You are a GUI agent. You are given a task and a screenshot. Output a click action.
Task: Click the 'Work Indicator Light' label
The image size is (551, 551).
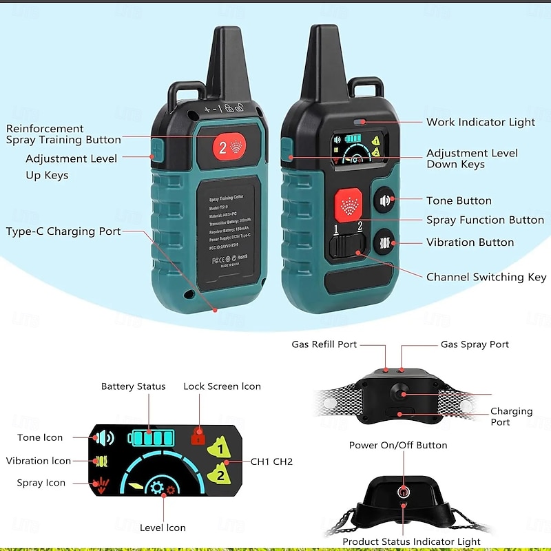(x=480, y=122)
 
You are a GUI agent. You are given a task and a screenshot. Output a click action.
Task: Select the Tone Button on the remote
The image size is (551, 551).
(x=385, y=201)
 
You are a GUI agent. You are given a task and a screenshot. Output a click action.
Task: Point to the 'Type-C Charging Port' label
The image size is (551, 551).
(x=63, y=231)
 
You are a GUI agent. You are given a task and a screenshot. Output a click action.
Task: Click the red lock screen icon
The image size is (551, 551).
(x=196, y=436)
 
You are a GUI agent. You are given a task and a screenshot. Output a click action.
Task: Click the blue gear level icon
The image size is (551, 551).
(x=158, y=488)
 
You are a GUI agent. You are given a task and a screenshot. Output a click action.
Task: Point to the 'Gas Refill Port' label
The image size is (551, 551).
(x=324, y=344)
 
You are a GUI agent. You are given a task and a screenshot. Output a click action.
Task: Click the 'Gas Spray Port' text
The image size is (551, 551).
(x=475, y=344)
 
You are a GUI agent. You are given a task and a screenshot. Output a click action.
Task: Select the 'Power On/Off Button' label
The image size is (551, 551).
(x=398, y=445)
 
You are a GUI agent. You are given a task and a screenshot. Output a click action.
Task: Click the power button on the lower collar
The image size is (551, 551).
(x=404, y=491)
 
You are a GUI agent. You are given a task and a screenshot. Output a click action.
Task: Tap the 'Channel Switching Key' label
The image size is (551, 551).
(x=486, y=277)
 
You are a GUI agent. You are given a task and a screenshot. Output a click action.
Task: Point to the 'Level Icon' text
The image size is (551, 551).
(x=163, y=528)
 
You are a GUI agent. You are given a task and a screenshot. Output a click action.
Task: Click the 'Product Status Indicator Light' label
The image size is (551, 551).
(x=411, y=542)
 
